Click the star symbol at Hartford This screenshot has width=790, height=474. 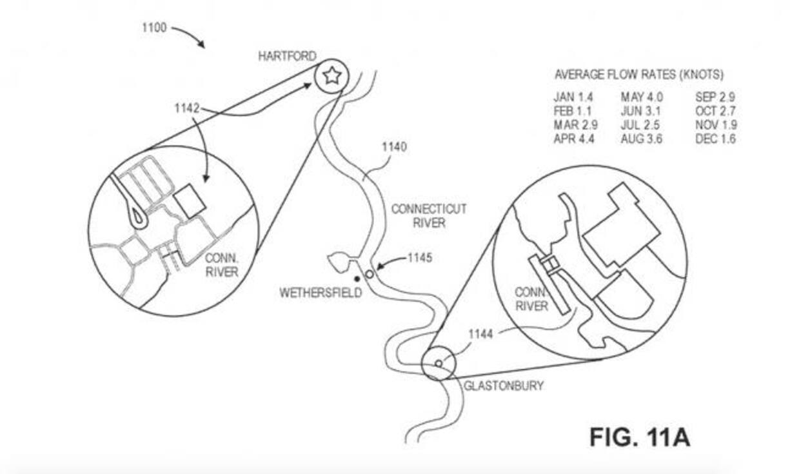331,76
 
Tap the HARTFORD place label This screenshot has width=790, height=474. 287,57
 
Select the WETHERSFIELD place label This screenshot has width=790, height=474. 321,293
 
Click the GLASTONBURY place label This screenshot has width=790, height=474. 504,386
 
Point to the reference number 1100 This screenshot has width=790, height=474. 153,28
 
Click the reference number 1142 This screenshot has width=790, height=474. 187,108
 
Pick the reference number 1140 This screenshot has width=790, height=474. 394,147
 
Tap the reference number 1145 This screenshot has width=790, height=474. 419,259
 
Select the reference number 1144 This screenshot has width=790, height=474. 480,334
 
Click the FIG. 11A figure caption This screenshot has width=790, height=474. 639,437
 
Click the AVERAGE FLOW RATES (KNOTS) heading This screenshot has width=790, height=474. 638,75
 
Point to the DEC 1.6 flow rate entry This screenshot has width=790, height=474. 716,139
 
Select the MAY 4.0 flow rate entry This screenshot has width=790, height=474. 642,97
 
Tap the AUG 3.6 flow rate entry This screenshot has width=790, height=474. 642,139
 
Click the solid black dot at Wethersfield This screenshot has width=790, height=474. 357,279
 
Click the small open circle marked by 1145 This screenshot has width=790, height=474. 370,275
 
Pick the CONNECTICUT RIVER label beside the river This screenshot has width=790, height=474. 429,216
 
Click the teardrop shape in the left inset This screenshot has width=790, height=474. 138,217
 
